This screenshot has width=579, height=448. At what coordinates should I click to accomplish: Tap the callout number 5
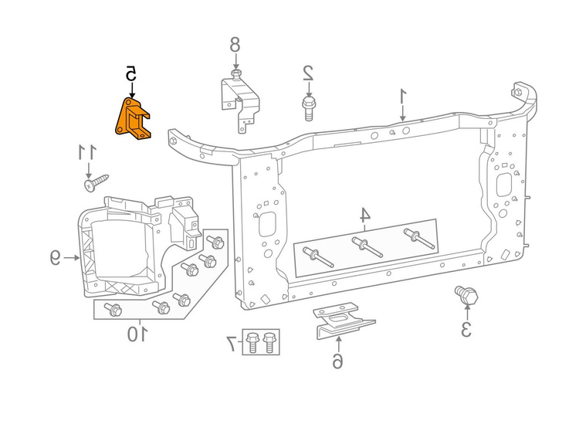click(131, 73)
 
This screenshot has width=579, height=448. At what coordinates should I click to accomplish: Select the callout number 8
click(235, 44)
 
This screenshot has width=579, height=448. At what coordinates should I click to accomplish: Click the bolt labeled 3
click(466, 296)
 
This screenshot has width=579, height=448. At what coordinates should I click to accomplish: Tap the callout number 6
click(337, 360)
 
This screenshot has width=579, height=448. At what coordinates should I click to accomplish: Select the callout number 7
click(232, 341)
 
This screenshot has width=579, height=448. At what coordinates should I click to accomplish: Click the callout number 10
click(137, 334)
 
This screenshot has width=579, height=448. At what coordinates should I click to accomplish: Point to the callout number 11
click(88, 152)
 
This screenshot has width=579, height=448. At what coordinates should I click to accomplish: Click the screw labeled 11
click(93, 185)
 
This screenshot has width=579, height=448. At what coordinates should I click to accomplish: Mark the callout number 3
click(466, 328)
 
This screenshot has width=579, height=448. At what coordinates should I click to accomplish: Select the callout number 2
click(307, 73)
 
